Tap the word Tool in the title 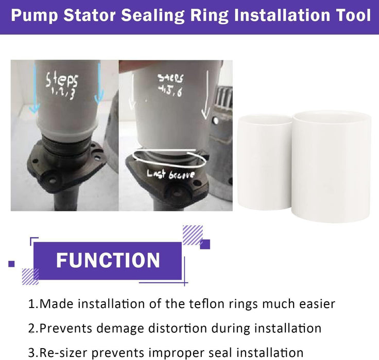(x=353, y=15)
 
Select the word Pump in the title (x=35, y=15)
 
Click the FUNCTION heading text (x=108, y=260)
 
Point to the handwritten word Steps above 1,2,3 (x=62, y=81)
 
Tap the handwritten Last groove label (x=164, y=175)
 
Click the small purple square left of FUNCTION (x=11, y=264)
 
